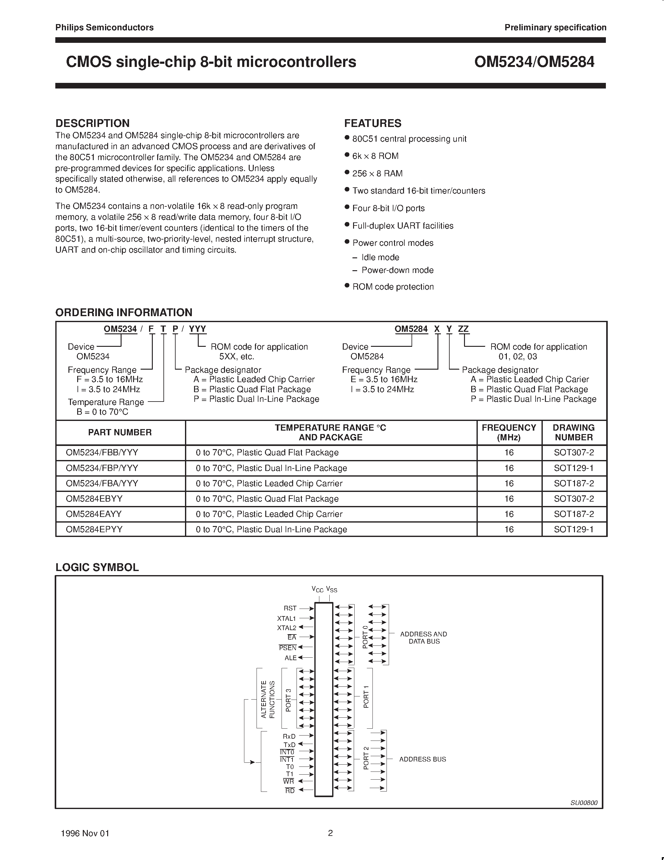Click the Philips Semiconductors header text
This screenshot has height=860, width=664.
104,28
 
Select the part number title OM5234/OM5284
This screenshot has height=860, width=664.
534,62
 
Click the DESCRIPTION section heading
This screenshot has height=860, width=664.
92,123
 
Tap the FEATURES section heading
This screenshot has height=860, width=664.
372,123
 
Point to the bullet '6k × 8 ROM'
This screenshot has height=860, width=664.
375,156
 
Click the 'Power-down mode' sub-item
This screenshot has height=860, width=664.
397,271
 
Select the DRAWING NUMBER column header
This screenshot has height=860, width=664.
573,433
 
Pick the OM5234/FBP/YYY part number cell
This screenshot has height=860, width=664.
102,468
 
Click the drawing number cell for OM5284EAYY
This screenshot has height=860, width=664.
573,514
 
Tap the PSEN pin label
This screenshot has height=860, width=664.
287,648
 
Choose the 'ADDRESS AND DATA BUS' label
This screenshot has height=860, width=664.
423,638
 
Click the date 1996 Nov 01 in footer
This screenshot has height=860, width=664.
85,833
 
